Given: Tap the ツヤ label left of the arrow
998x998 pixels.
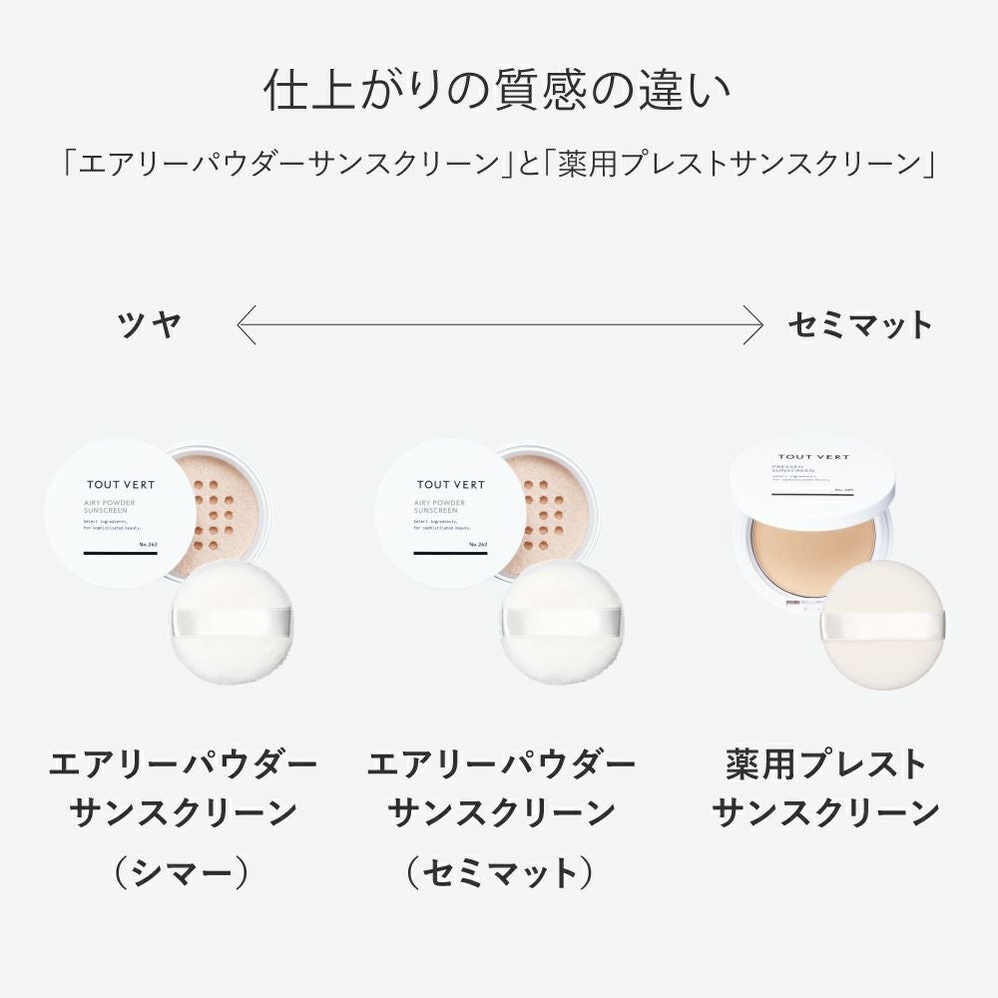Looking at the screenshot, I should (x=150, y=324).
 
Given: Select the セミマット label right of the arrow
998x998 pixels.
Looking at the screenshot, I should (x=859, y=324).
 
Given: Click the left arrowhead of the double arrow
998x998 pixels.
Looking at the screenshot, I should (x=242, y=324).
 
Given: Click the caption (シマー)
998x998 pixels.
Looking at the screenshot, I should (x=181, y=874).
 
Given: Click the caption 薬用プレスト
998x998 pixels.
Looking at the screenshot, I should (x=826, y=766).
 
